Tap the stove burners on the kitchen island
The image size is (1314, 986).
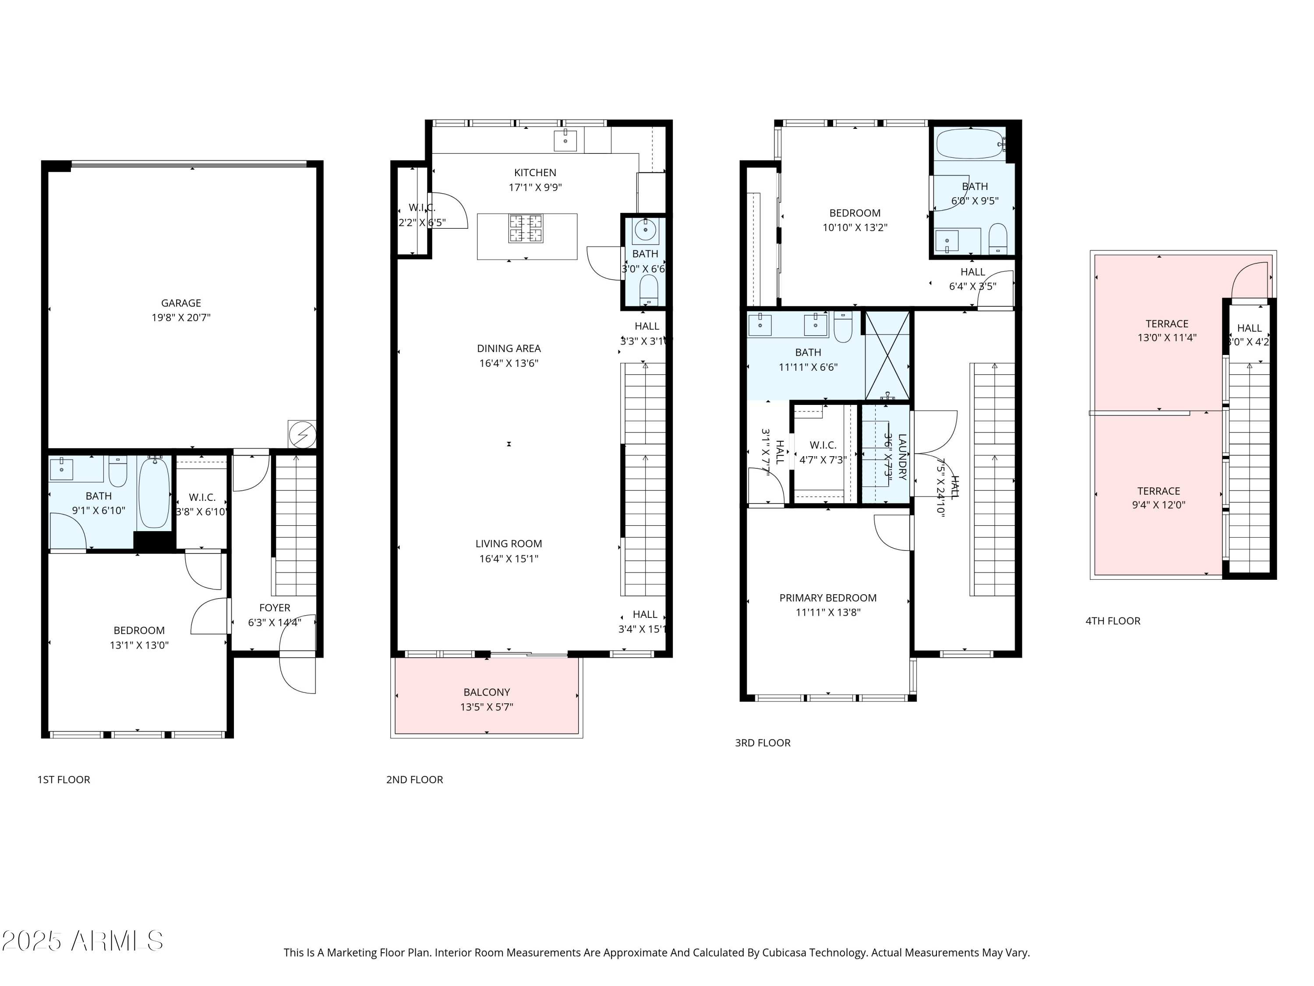pos(526,228)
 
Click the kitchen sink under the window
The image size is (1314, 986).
pos(565,141)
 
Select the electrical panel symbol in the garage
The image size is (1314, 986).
pos(302,434)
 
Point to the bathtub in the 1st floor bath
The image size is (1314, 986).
pos(154,493)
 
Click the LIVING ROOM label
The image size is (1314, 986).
pos(509,543)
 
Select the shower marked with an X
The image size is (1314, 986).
pos(887,355)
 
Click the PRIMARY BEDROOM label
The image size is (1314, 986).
pos(827,598)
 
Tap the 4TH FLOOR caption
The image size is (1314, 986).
pos(1113,621)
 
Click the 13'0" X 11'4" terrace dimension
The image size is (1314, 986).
pos(1167,337)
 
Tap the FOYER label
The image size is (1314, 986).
pos(275,608)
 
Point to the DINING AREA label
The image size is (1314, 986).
pos(509,348)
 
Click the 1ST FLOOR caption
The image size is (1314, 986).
pos(64,780)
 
